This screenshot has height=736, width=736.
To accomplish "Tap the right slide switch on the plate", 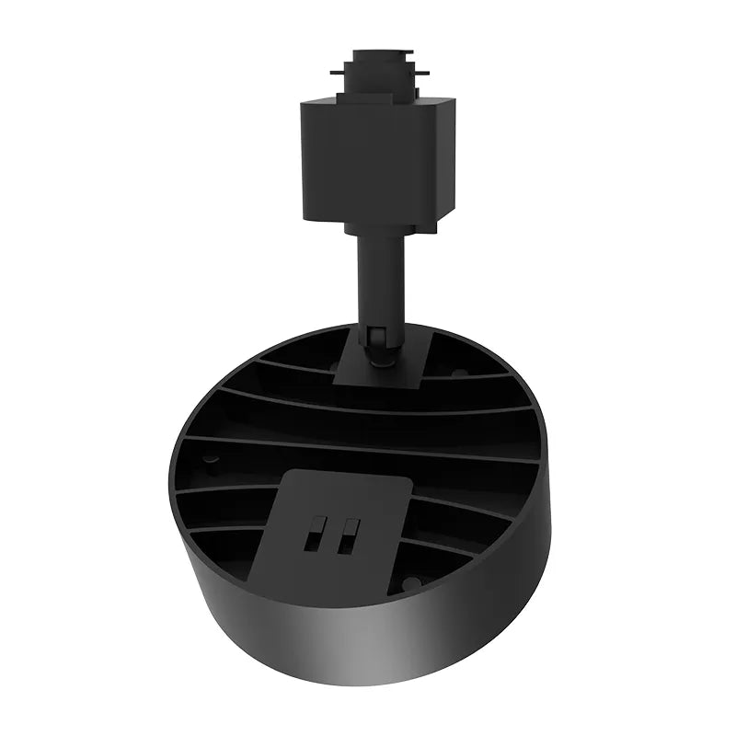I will pos(347,536).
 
